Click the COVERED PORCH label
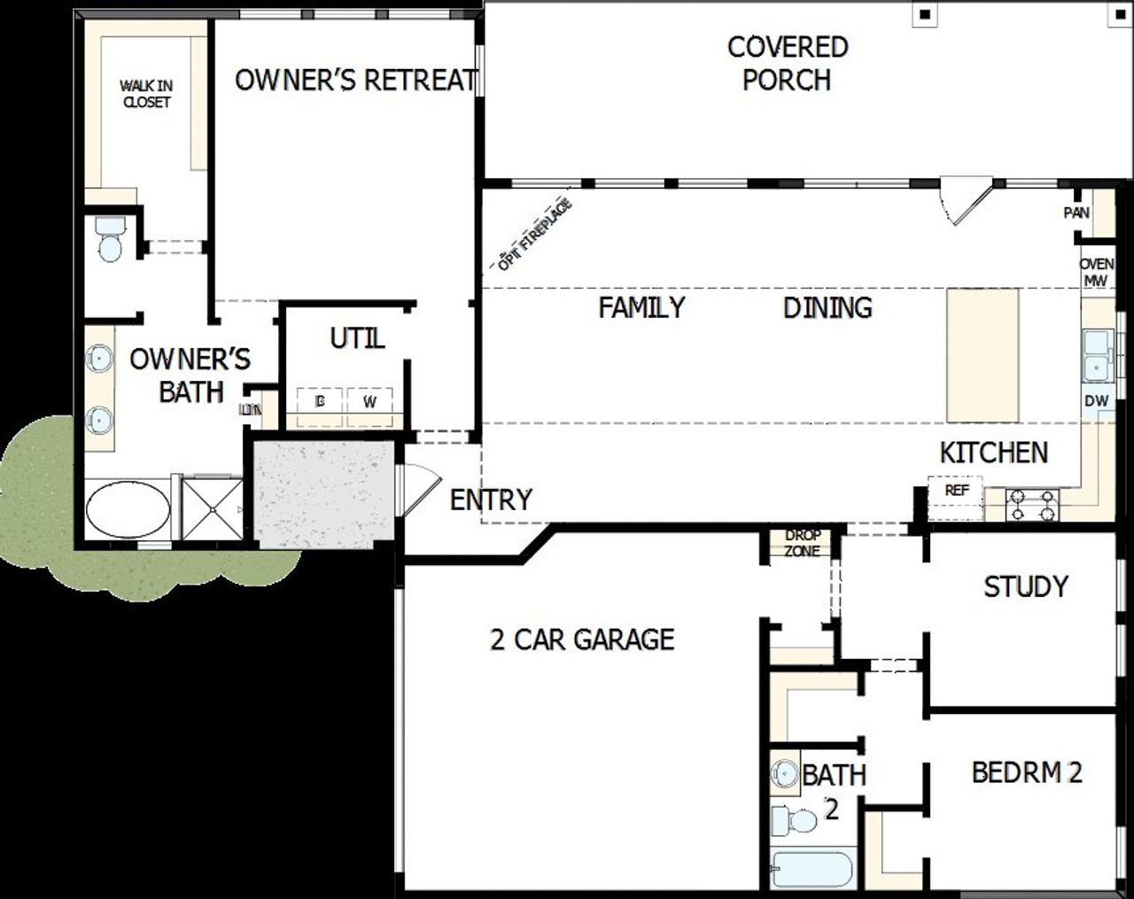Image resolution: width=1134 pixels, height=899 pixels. pyautogui.click(x=787, y=63)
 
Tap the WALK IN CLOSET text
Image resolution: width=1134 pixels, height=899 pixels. pyautogui.click(x=146, y=94)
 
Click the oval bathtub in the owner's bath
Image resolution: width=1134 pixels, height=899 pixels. pyautogui.click(x=128, y=509)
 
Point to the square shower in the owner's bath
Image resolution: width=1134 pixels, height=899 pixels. pyautogui.click(x=211, y=508)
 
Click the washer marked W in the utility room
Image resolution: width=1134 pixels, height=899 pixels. pyautogui.click(x=370, y=401)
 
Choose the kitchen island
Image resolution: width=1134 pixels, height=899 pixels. pyautogui.click(x=982, y=355)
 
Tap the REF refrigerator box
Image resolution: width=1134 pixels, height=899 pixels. pyautogui.click(x=956, y=491)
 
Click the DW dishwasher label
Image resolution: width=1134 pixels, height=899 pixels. pyautogui.click(x=1097, y=400)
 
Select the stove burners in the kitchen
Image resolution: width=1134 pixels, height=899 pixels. pyautogui.click(x=1033, y=506)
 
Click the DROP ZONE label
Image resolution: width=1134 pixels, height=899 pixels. pyautogui.click(x=802, y=543)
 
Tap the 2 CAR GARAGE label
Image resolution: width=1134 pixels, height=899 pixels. pyautogui.click(x=582, y=639)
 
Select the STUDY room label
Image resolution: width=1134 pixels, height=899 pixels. pyautogui.click(x=1025, y=585)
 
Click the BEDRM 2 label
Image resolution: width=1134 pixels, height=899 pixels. pyautogui.click(x=1027, y=771)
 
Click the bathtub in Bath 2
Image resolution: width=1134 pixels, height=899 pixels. pyautogui.click(x=812, y=869)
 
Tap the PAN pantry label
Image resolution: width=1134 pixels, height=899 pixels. pyautogui.click(x=1076, y=213)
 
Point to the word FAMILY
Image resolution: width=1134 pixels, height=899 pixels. pyautogui.click(x=641, y=307)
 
